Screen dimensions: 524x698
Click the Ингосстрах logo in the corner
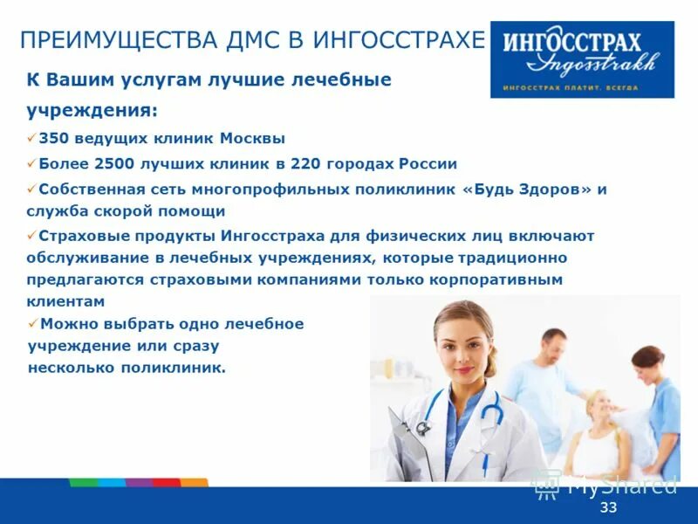(582, 59)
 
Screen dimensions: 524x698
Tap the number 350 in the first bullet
(55, 138)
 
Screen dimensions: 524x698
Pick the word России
(428, 163)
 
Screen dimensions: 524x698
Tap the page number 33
(608, 507)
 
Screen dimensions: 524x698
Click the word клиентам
(65, 301)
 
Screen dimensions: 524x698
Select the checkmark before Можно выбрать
(32, 323)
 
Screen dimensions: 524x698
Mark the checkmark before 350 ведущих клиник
(32, 138)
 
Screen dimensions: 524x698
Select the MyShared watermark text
(621, 486)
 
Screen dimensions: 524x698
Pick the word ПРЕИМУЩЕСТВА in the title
(99, 40)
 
